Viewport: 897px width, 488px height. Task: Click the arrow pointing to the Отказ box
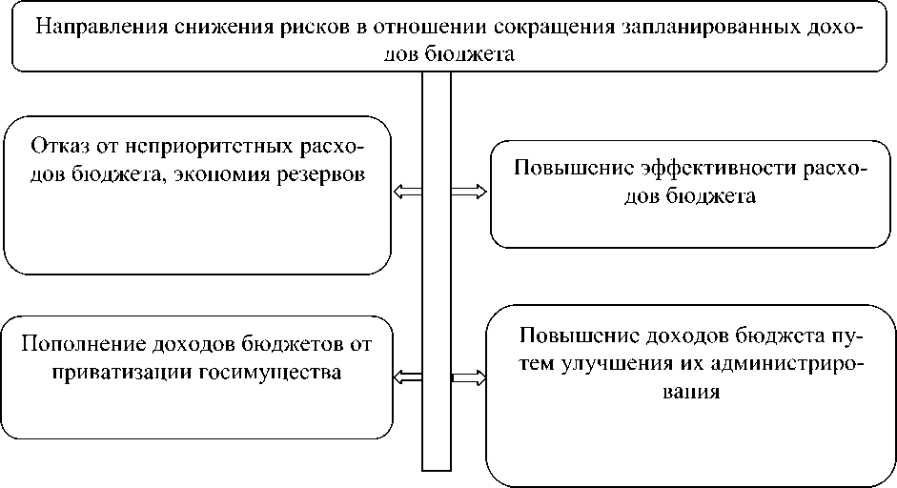coord(407,193)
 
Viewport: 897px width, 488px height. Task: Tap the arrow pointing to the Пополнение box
coord(408,376)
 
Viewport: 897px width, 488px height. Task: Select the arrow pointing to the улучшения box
coord(468,376)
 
